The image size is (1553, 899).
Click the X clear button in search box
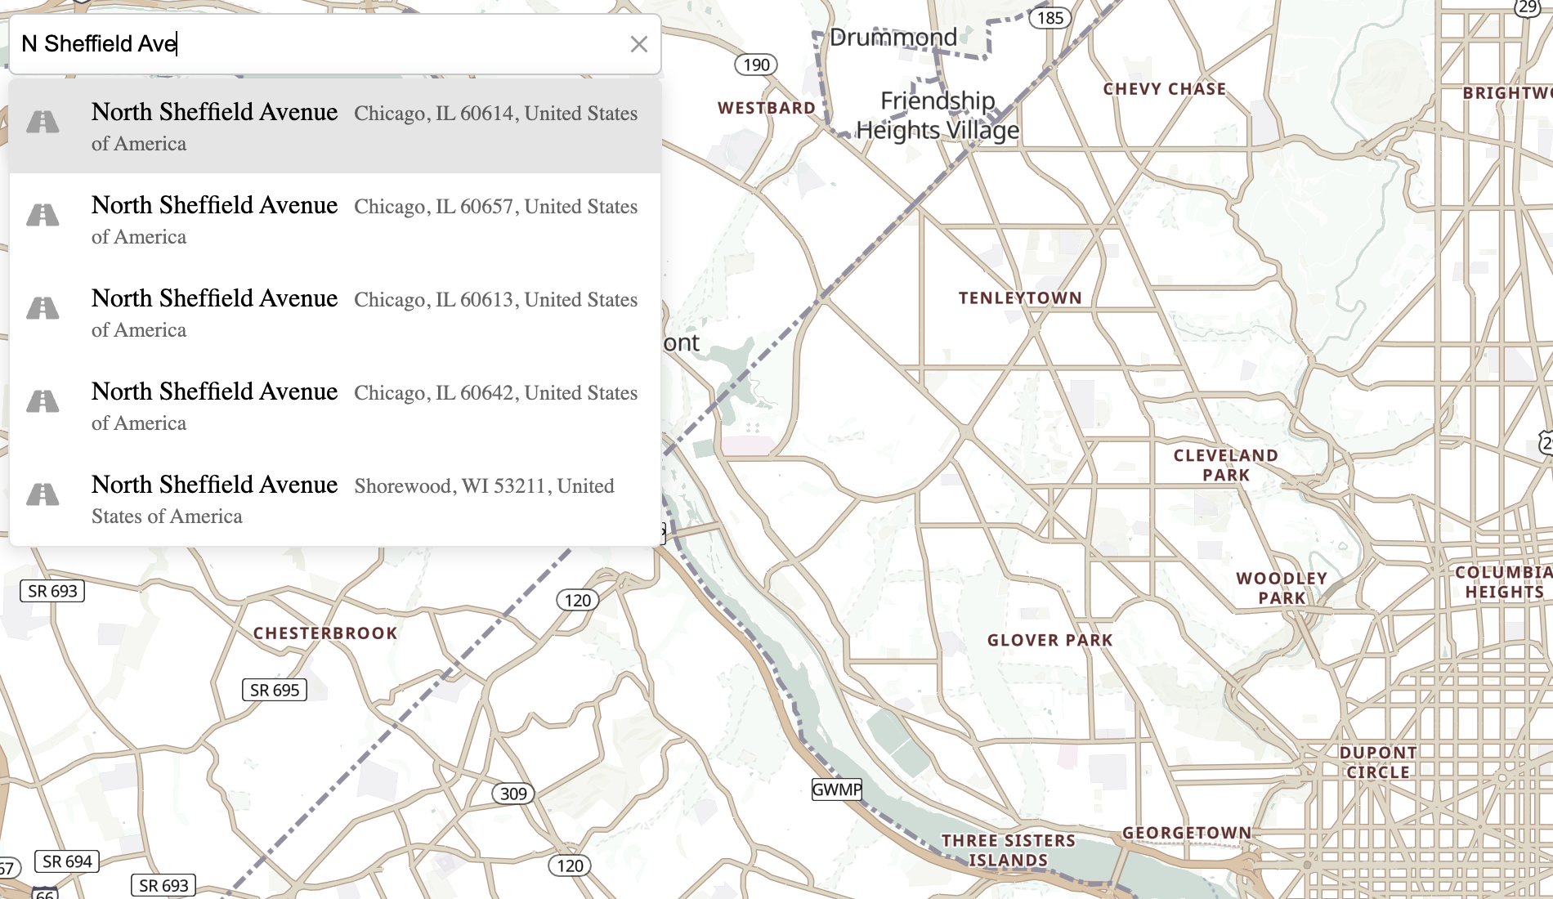638,44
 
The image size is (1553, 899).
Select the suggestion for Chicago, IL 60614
335,126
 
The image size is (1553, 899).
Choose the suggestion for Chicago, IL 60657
335,219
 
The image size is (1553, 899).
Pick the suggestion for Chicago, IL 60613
335,312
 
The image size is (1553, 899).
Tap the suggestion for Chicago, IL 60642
335,405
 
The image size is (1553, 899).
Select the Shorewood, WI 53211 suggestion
335,499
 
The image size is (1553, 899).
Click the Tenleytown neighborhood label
1020,298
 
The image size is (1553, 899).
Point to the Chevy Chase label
1164,89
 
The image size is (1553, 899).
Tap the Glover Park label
1050,640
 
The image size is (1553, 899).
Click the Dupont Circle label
1378,762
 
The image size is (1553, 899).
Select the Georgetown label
1186,833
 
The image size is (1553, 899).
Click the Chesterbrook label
324,633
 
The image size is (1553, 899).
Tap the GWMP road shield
836,789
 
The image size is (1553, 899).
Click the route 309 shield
513,794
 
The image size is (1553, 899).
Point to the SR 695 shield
275,690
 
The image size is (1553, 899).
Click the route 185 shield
1050,18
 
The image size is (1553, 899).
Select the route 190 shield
756,65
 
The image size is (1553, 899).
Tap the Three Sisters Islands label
1008,850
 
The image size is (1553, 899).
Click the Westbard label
766,108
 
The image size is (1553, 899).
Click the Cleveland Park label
1225,465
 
